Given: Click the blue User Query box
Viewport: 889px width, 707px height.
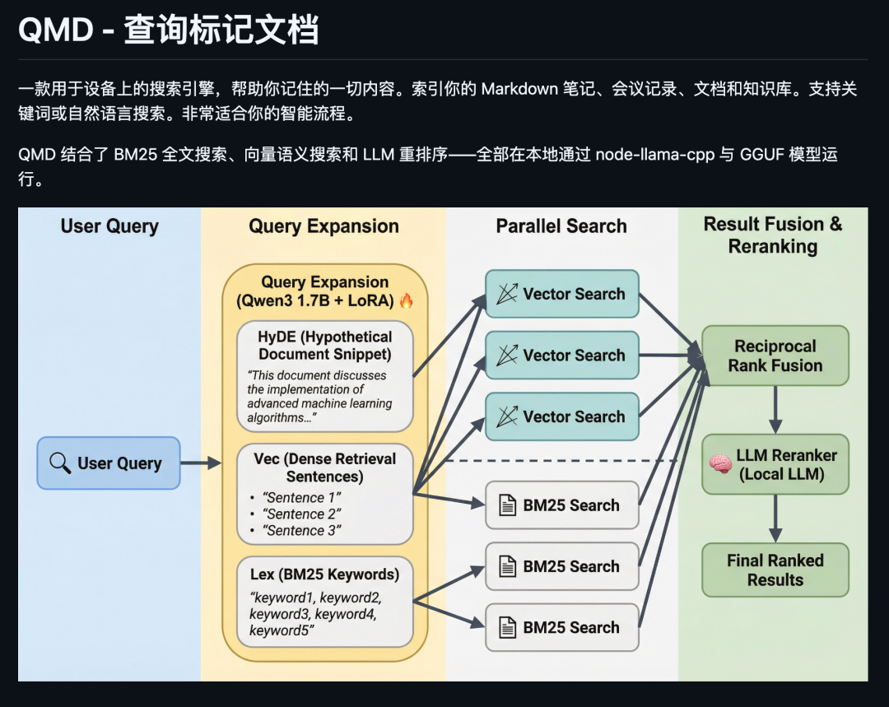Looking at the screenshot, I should [109, 463].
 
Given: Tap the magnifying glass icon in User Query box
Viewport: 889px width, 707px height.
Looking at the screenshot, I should [60, 463].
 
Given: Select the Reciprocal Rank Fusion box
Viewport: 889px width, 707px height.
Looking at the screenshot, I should [775, 356].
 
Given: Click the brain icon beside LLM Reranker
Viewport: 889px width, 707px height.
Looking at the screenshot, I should [720, 465].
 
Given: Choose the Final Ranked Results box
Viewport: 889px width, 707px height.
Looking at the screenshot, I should [775, 570].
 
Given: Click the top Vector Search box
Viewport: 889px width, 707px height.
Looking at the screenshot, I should [561, 294].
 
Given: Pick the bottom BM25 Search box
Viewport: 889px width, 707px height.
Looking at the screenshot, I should [561, 627].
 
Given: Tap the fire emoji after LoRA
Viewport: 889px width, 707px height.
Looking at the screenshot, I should [407, 301].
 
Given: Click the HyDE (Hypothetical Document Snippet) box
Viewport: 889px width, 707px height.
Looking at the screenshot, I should [324, 375].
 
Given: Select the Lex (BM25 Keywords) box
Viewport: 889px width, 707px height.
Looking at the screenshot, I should [324, 602].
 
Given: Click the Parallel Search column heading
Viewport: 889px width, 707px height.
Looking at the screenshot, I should [561, 226].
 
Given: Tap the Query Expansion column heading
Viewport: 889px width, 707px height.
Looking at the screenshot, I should [323, 226].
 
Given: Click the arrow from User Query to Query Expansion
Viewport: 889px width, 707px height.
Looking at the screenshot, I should [200, 463].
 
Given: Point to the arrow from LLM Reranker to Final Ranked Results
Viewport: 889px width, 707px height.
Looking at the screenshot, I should [775, 518].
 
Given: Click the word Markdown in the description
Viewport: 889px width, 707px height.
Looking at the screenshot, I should [519, 89].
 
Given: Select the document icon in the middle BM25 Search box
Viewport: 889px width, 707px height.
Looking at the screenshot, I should [507, 566].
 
